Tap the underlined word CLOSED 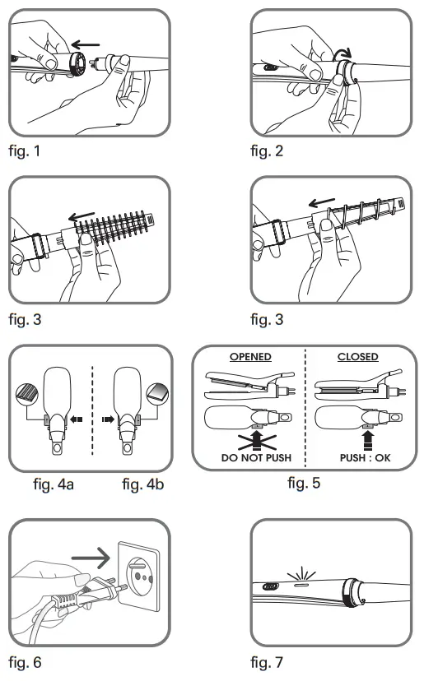(x=358, y=357)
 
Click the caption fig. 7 (x=270, y=660)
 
